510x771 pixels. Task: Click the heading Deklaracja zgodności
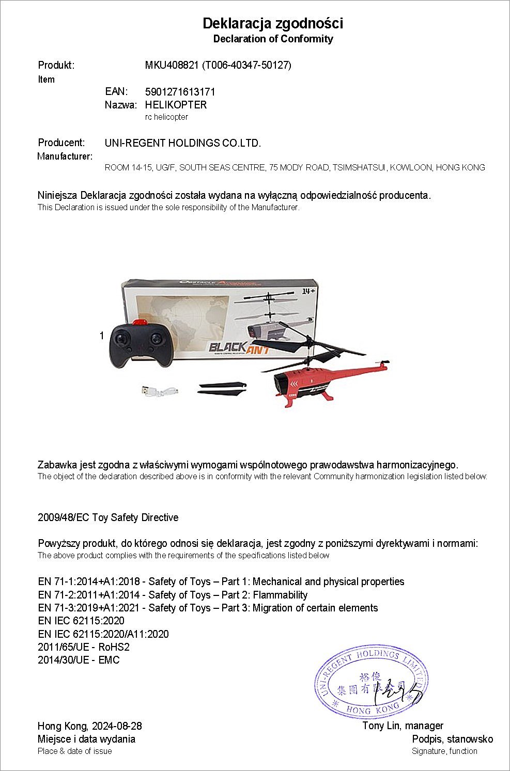272,23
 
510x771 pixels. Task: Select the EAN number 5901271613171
180,92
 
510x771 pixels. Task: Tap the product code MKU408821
172,65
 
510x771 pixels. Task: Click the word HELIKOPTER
176,105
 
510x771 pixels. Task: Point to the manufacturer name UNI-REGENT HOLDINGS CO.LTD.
183,143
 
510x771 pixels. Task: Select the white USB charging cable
159,390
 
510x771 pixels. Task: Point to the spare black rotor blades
222,388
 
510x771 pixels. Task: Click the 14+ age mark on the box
308,291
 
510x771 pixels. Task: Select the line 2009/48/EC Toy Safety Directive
108,517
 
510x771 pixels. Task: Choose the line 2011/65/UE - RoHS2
84,647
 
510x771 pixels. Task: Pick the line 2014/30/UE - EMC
79,660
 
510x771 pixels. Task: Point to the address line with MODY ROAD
295,167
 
